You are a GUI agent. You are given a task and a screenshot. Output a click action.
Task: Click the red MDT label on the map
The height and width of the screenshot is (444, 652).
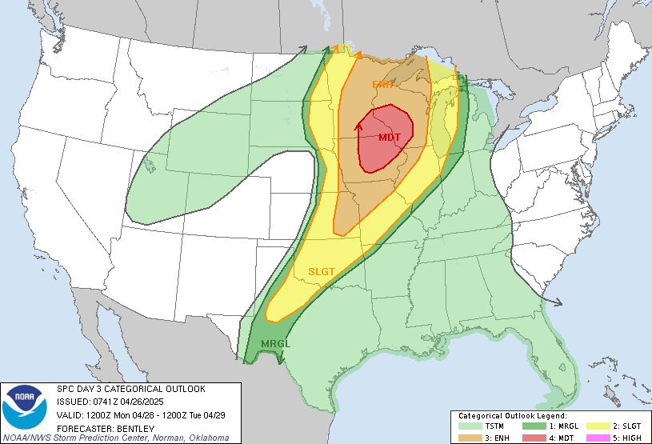click(390, 138)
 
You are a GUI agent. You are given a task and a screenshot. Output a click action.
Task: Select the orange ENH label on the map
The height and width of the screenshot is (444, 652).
click(382, 85)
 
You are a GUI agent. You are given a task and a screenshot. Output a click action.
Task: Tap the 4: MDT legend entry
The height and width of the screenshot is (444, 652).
click(562, 437)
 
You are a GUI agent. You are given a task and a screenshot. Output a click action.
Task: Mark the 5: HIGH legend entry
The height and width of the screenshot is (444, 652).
click(620, 437)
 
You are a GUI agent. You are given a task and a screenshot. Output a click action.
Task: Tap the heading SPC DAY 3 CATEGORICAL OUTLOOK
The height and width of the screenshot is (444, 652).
click(131, 389)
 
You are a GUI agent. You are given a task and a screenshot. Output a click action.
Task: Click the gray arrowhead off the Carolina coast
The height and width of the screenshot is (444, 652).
click(558, 302)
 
